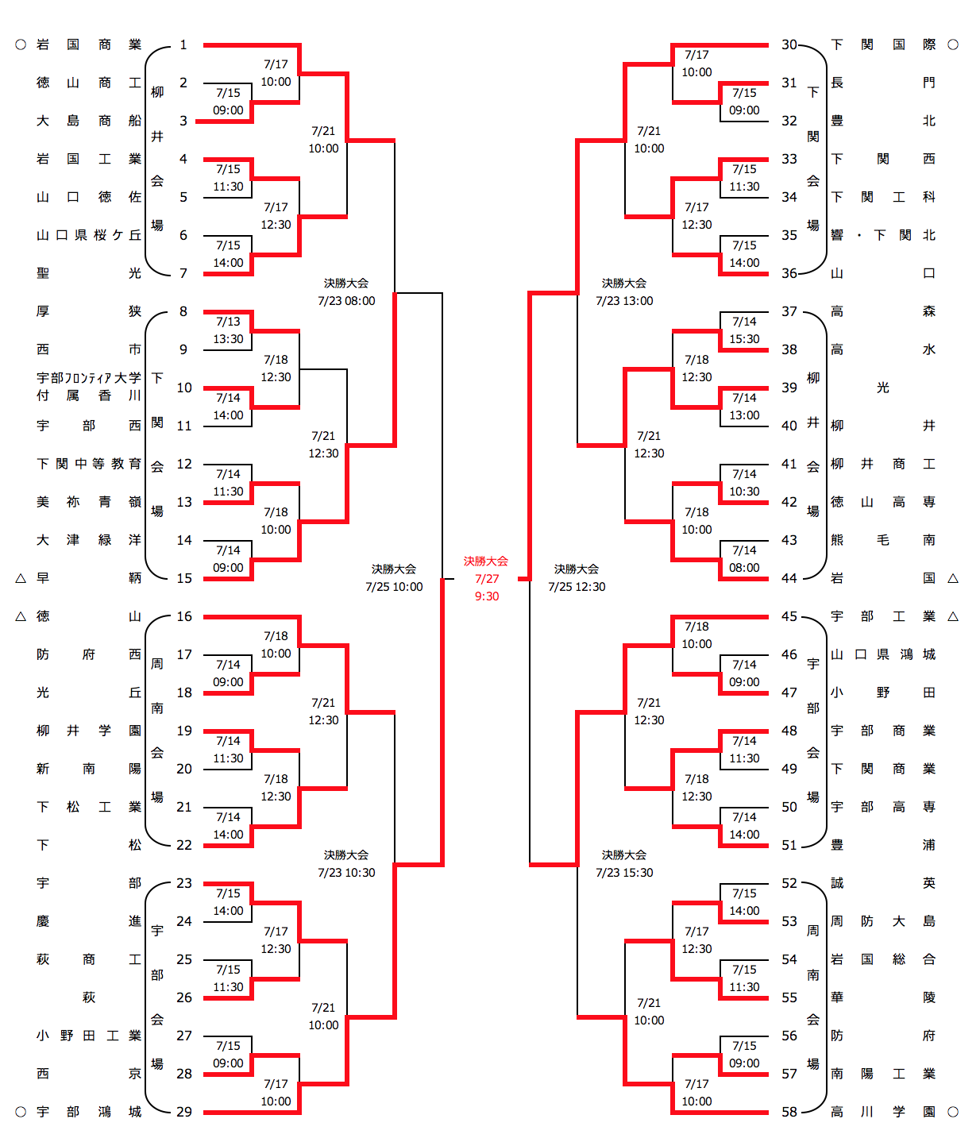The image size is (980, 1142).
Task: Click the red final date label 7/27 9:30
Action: coord(486,579)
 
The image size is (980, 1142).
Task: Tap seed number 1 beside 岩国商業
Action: coord(183,45)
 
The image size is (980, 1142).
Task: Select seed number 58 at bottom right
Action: coord(789,1112)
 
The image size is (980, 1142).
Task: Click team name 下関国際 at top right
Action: coord(882,45)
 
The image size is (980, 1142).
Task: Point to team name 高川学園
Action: coord(882,1112)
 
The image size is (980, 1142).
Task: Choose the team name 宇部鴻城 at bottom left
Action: coord(89,1112)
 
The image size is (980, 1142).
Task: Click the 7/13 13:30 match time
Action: coord(228,330)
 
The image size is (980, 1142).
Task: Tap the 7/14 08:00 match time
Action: coord(744,559)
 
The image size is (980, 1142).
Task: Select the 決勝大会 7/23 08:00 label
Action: coord(346,292)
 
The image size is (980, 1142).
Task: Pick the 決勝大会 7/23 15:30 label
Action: coord(624,864)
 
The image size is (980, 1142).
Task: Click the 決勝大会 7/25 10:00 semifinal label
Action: coord(394,578)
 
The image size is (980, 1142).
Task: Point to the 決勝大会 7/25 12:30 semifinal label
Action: coord(577,578)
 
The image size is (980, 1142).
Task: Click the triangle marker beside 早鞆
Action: coord(21,579)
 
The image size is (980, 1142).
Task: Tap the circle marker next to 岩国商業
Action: coord(21,45)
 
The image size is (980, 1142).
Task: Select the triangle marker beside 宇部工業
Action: coord(953,617)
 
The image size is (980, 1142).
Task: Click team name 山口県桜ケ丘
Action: coord(89,236)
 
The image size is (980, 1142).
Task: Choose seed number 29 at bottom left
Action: coord(184,1112)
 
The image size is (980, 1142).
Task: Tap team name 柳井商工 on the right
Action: coord(882,465)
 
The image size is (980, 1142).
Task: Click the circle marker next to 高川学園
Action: coord(953,1112)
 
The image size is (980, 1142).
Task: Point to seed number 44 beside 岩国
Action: coord(789,579)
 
